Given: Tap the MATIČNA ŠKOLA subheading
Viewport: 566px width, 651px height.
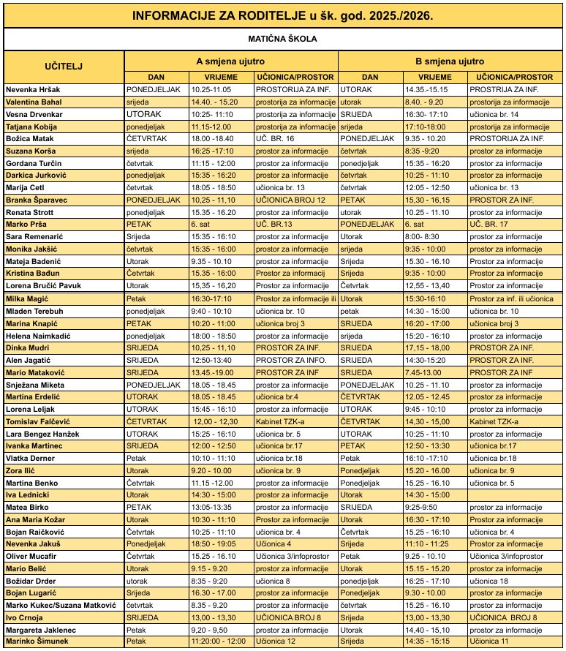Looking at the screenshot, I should click(x=282, y=39).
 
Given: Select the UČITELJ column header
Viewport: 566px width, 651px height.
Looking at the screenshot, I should click(x=64, y=66).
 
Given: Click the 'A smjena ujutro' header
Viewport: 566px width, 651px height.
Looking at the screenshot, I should click(x=230, y=61).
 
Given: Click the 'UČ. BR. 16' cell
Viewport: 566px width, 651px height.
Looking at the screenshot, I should click(x=274, y=138).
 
